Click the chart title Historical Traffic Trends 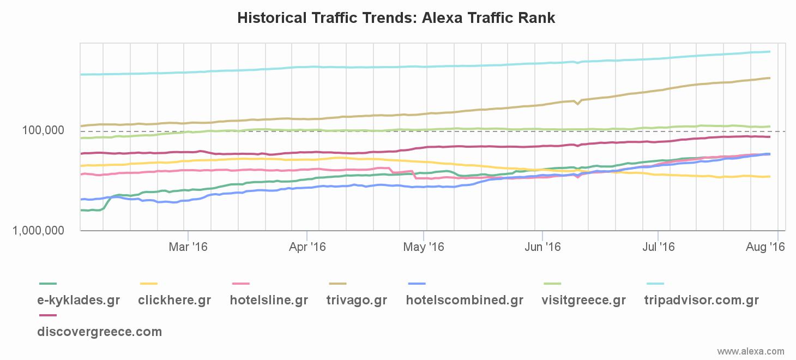tap(396, 18)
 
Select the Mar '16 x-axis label tap(188, 247)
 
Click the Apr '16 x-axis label tap(307, 247)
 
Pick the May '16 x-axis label tap(424, 247)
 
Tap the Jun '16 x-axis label tap(542, 247)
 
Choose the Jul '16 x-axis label tap(658, 247)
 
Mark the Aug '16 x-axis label tap(765, 247)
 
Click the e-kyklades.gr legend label tap(79, 300)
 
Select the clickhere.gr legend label tap(174, 300)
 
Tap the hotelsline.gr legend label tap(269, 300)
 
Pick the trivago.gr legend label tap(357, 300)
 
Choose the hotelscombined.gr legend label tap(465, 300)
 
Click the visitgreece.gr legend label tap(583, 300)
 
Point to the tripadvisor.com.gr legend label tap(701, 300)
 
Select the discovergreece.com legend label tap(99, 332)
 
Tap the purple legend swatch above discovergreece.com tap(48, 315)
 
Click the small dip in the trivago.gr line tap(577, 104)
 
